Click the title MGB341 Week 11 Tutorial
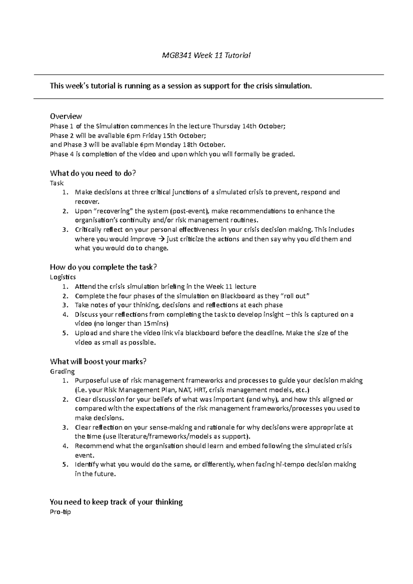click(206, 55)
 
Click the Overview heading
click(66, 116)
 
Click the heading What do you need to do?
click(93, 173)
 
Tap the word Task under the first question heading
click(57, 183)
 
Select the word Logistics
click(63, 277)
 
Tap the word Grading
click(62, 371)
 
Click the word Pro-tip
click(60, 512)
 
